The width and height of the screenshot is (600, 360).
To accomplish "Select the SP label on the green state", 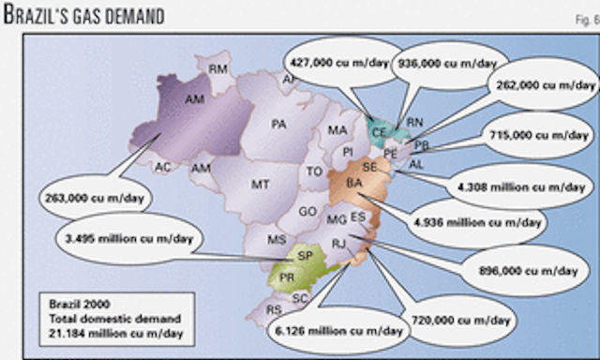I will tap(304, 254).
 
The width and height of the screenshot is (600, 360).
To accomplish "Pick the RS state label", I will tap(274, 308).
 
